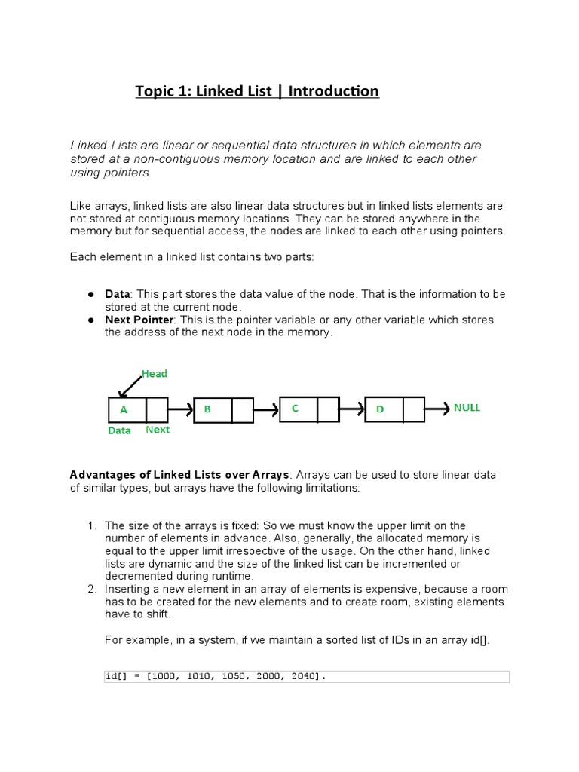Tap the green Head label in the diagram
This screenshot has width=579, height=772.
coord(155,374)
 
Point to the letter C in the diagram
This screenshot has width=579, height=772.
coord(296,408)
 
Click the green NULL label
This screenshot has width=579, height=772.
coord(467,408)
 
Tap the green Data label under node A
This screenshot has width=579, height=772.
coord(119,431)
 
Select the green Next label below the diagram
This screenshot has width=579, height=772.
coord(158,430)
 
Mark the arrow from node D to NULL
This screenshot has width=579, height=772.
coord(437,409)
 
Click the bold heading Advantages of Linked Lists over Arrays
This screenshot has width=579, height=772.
coord(179,475)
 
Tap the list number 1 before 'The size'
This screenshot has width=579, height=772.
coord(91,525)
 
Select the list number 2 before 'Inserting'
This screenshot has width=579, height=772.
coord(91,589)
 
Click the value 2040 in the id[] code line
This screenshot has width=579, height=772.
coord(307,677)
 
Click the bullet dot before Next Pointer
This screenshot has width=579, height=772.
coord(90,320)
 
